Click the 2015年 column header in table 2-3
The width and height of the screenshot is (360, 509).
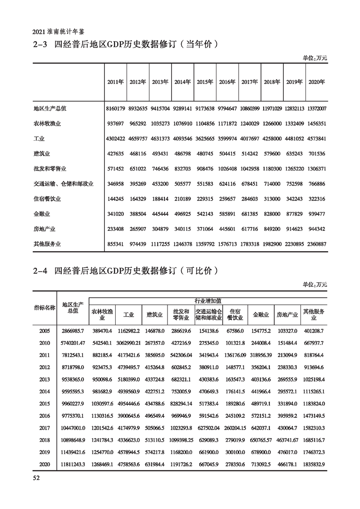point(205,82)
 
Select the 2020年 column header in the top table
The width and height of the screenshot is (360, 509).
point(316,82)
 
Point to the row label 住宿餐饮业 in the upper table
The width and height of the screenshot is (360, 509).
point(47,199)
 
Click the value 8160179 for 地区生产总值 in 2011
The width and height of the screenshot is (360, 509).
point(116,108)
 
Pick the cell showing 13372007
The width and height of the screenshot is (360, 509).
point(316,108)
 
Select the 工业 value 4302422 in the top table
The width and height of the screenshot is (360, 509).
point(116,138)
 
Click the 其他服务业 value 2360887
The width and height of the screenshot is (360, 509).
point(316,244)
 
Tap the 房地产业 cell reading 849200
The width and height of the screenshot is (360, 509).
point(272,229)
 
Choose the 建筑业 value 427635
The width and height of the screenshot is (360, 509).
point(116,153)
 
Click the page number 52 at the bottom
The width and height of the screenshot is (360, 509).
point(37,478)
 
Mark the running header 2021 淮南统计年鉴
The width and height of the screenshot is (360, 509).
point(59,32)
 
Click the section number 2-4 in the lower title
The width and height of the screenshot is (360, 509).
point(40,271)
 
